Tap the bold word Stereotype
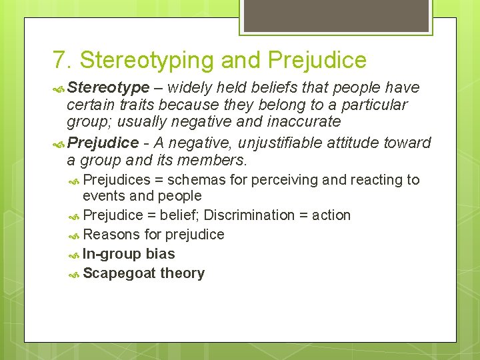coord(108,87)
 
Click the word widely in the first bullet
coord(190,87)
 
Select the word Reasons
coord(107,235)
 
